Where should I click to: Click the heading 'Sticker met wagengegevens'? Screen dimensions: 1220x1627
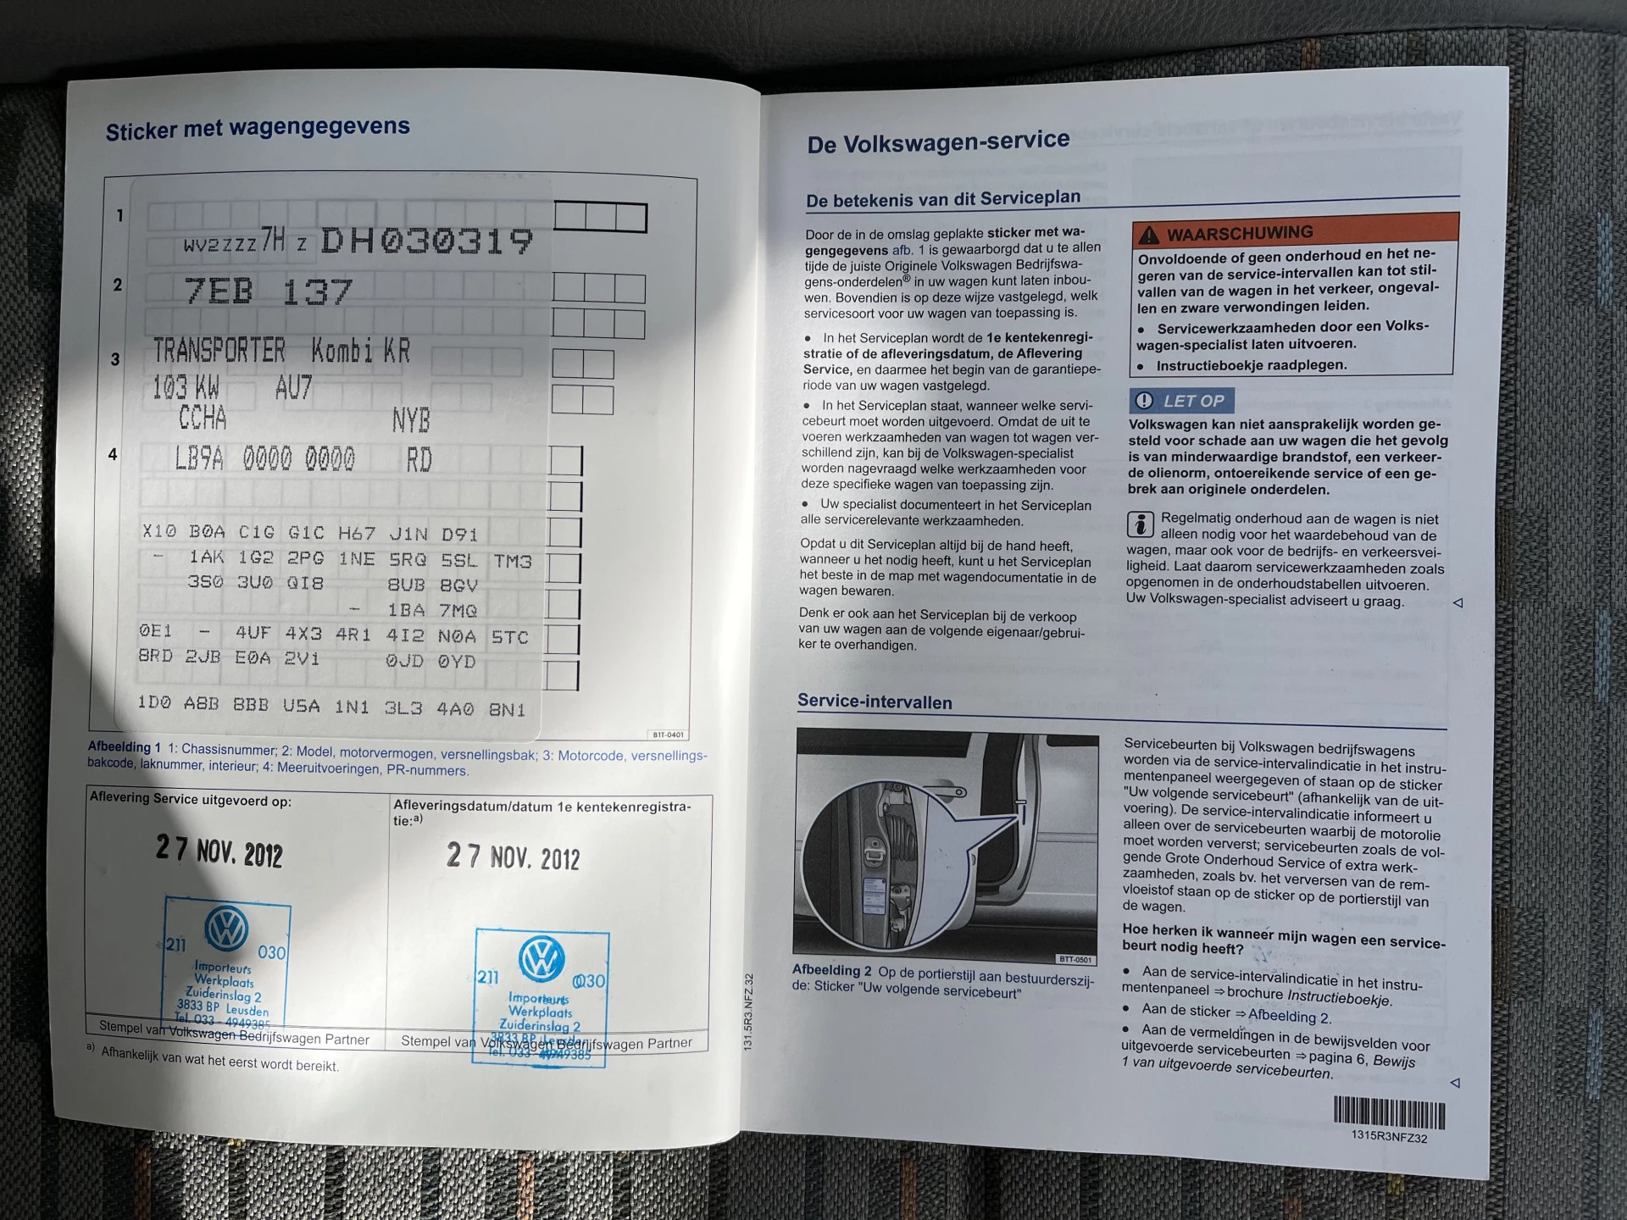[258, 129]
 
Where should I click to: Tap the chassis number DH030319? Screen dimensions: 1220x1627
[426, 241]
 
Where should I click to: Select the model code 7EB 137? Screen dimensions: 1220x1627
[268, 292]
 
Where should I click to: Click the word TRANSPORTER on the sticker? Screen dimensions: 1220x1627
[219, 350]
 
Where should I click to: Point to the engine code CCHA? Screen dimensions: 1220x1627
[203, 418]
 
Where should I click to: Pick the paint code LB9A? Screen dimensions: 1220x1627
[199, 459]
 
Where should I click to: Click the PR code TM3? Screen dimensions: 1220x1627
[513, 562]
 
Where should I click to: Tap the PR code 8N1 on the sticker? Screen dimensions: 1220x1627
[507, 710]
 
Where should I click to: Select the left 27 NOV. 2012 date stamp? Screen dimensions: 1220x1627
[219, 851]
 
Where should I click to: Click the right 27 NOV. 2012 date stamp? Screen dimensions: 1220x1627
[513, 857]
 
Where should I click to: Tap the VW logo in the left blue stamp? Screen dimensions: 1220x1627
[226, 928]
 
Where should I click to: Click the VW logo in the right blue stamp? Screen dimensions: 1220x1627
[541, 959]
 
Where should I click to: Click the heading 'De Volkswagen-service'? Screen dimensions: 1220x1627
[938, 142]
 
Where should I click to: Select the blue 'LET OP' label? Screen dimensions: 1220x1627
[1181, 401]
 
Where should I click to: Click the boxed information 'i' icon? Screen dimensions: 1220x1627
[1140, 524]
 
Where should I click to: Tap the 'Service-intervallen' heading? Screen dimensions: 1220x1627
[875, 701]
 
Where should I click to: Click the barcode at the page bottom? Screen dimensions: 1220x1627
[1389, 1113]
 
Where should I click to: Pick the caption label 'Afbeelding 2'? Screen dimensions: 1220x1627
[831, 970]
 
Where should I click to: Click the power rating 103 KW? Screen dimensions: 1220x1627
[186, 388]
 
